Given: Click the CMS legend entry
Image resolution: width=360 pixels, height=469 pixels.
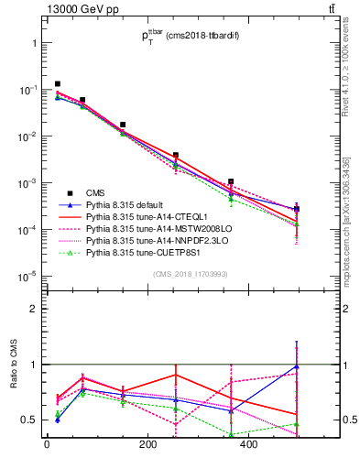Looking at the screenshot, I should coord(96,191).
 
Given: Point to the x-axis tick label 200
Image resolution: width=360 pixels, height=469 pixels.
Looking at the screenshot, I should coord(147,445).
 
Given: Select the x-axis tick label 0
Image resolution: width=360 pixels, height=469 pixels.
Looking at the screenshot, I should coord(47,445).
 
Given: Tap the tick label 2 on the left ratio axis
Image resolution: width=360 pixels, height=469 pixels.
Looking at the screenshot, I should coord(33,309).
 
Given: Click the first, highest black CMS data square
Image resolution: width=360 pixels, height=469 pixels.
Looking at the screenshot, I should coord(58,83).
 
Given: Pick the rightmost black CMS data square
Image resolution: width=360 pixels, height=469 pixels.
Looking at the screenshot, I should coord(297,209).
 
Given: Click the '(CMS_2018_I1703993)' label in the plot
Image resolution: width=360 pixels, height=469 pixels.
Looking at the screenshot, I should coord(191,274).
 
